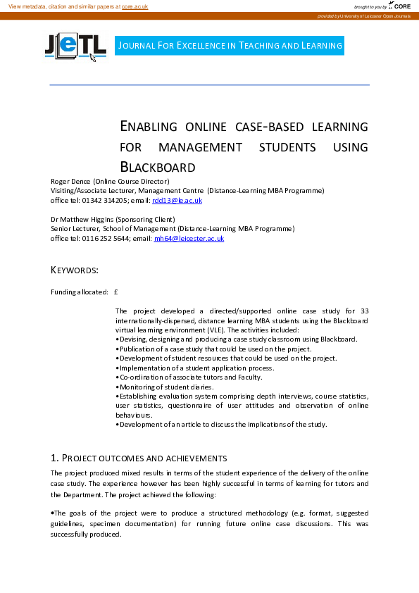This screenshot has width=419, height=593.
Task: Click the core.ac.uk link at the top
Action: click(135, 6)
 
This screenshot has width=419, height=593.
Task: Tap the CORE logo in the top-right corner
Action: click(401, 6)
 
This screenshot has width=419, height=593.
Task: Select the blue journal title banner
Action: click(230, 46)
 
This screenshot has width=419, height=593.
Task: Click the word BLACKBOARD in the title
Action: click(158, 168)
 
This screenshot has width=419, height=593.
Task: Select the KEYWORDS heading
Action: click(75, 270)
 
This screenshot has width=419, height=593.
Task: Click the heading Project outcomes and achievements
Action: click(138, 458)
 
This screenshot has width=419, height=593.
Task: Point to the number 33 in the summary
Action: click(363, 311)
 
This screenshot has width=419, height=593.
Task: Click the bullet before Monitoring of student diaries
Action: click(117, 387)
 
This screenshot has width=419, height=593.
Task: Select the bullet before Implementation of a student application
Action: click(117, 368)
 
